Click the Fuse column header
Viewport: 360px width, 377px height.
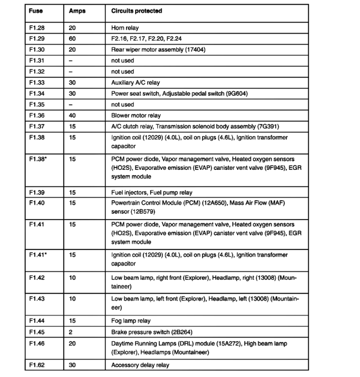pyautogui.click(x=35, y=11)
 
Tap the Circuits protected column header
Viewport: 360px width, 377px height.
pyautogui.click(x=136, y=11)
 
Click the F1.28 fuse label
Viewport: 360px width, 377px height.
pyautogui.click(x=36, y=28)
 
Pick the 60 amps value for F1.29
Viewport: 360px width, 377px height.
pyautogui.click(x=72, y=39)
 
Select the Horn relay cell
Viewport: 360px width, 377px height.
pyautogui.click(x=125, y=28)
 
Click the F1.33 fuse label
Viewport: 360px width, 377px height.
pyautogui.click(x=36, y=83)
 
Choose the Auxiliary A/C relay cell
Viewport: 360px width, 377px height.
pyautogui.click(x=135, y=83)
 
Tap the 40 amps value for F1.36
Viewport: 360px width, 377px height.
pyautogui.click(x=72, y=116)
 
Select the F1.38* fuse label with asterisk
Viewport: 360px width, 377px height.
pyautogui.click(x=37, y=159)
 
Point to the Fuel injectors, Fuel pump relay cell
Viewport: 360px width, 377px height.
pyautogui.click(x=151, y=192)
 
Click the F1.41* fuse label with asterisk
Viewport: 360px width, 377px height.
pyautogui.click(x=37, y=255)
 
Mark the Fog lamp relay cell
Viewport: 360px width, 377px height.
pyautogui.click(x=131, y=321)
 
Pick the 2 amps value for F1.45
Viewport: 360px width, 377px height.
pyautogui.click(x=70, y=332)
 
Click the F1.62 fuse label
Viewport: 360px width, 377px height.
pyautogui.click(x=36, y=365)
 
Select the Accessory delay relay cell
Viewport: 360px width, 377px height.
pyautogui.click(x=140, y=365)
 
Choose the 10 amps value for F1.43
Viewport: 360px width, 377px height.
pyautogui.click(x=72, y=299)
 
